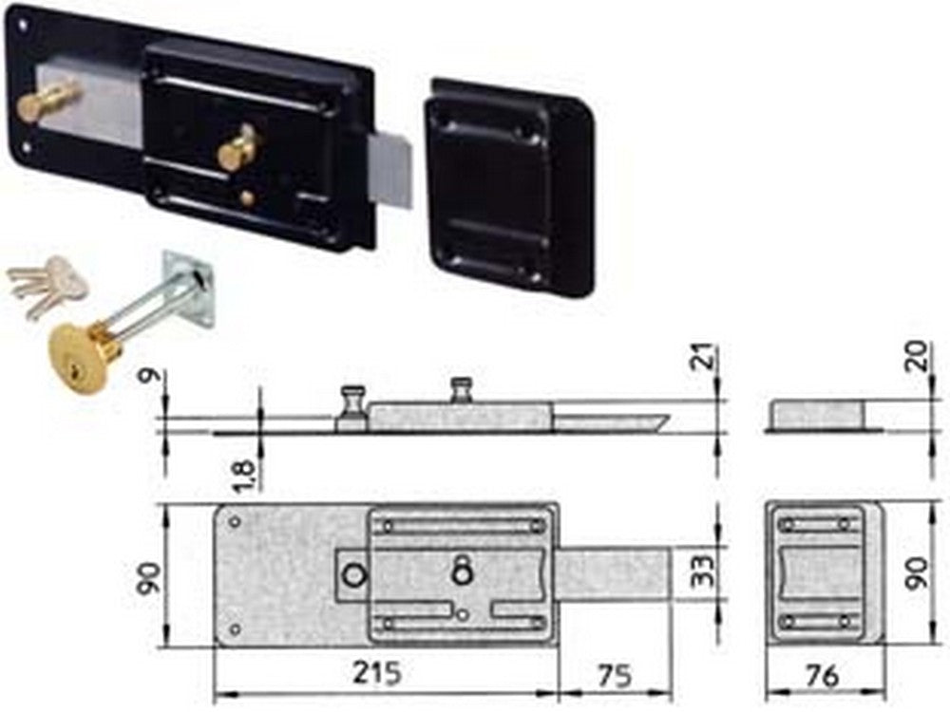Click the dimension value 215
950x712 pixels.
click(x=377, y=672)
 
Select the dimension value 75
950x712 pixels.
click(x=615, y=674)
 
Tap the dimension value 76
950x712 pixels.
click(x=822, y=675)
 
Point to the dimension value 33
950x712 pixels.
click(x=703, y=571)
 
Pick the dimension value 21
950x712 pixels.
click(x=705, y=357)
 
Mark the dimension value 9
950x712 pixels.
click(x=150, y=375)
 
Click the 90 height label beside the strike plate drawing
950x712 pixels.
click(x=918, y=572)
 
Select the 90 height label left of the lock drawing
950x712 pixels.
click(x=150, y=578)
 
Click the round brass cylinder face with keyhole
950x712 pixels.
click(x=78, y=360)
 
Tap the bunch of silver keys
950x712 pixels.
click(x=46, y=285)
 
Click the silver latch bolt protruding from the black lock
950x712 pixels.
click(x=389, y=162)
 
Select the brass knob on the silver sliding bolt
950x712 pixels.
click(x=47, y=99)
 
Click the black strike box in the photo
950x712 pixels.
click(x=510, y=186)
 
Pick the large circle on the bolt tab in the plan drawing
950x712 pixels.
click(x=353, y=575)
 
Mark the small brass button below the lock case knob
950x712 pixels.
click(x=247, y=197)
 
